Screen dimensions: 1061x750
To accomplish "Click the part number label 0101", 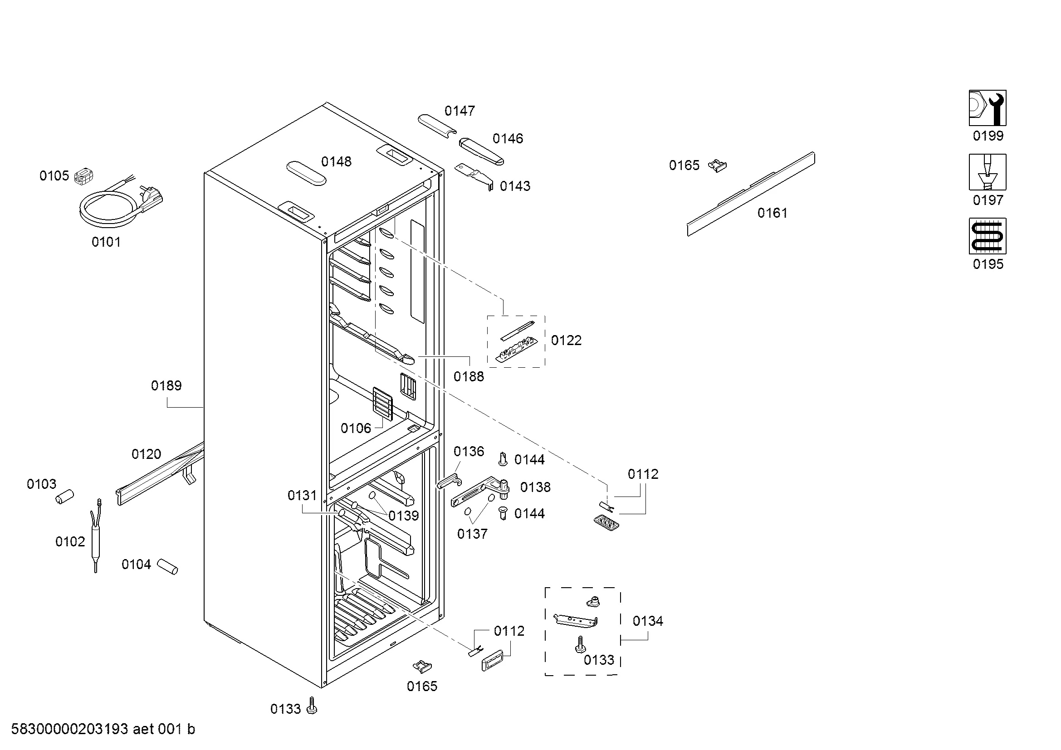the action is coord(106,242).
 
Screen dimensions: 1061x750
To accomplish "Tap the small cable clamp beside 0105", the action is coord(83,175).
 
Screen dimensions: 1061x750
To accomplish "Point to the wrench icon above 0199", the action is coord(988,108).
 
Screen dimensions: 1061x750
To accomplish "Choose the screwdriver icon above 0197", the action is coord(988,172).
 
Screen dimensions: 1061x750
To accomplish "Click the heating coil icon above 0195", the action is coord(988,236).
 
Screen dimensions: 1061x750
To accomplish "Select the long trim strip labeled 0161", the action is coord(751,194).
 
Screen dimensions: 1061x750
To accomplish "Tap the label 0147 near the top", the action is coord(460,111).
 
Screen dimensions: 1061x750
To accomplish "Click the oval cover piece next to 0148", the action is coord(306,173).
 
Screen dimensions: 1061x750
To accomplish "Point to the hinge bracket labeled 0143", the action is coord(474,175).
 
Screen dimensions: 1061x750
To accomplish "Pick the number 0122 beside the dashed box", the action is coord(566,341).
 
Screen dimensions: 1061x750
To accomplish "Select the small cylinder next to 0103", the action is coord(65,497).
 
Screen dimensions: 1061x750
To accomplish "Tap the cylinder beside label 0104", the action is coord(167,567).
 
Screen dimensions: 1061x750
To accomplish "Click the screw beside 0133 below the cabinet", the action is coord(312,706).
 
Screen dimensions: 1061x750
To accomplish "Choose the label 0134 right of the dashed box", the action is coord(647,621).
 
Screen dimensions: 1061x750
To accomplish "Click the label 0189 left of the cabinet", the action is coord(166,385).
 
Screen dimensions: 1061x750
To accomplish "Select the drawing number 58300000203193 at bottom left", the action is coord(69,729).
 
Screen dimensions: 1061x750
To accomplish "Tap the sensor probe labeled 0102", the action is coord(96,536).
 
